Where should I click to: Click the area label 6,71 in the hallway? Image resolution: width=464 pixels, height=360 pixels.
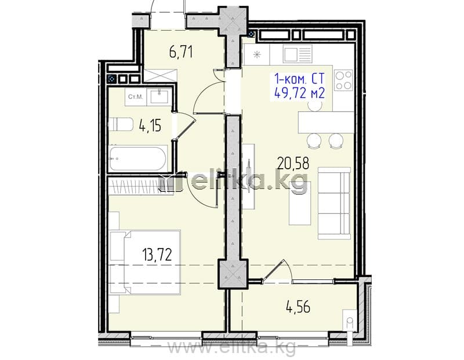click(x=181, y=52)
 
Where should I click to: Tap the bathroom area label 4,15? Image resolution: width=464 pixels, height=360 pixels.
click(x=150, y=126)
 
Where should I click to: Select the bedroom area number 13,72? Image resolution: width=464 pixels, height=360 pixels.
click(x=157, y=254)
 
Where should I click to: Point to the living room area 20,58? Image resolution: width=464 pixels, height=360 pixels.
click(x=293, y=163)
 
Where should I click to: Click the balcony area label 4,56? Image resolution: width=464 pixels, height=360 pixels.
click(x=298, y=307)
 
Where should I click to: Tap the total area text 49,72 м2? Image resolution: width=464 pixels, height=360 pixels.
click(x=299, y=93)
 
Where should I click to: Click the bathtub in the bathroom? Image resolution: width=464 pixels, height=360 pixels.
click(x=137, y=158)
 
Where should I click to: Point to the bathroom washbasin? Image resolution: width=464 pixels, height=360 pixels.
click(x=159, y=96)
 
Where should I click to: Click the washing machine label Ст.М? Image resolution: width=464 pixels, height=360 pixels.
click(x=136, y=97)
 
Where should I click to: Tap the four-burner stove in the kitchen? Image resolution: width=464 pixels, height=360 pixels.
click(x=343, y=80)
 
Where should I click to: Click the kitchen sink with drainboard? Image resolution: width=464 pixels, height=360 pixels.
click(x=298, y=53)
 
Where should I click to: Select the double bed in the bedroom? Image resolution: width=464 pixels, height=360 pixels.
click(x=145, y=262)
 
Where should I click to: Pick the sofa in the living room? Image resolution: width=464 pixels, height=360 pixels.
click(x=335, y=203)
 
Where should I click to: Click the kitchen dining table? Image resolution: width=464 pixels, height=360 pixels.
click(x=326, y=122)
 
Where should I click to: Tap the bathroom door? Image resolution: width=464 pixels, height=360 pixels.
click(x=184, y=125)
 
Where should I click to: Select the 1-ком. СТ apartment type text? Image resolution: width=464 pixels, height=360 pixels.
click(x=299, y=79)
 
